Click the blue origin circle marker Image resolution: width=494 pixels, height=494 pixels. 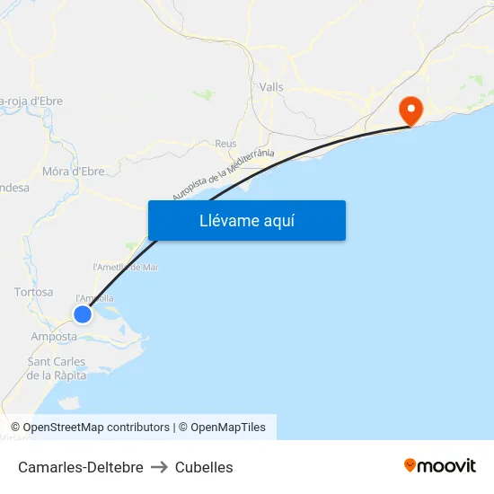coord(83,314)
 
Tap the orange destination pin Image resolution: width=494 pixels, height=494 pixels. coord(411,111)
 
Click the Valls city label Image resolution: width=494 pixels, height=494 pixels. coord(271,87)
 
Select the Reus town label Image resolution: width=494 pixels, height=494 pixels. coord(225,143)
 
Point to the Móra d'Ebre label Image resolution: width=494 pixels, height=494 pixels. coord(74,171)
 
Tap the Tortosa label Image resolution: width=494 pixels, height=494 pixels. coord(34,292)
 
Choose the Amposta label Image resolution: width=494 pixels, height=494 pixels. coord(54,336)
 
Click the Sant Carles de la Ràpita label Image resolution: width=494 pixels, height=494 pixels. coord(57,368)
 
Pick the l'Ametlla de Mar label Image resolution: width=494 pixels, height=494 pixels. coord(126,267)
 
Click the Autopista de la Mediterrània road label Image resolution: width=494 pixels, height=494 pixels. coord(223,174)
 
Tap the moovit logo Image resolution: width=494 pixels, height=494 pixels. coord(439,465)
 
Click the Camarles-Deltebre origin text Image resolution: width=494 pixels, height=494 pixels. coord(80,467)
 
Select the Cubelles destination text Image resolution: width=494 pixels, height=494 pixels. coord(204,467)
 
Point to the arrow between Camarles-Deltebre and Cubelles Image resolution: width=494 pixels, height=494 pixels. coord(159,467)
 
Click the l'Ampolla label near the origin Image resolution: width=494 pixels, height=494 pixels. coord(95,298)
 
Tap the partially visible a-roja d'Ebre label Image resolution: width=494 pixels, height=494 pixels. coord(31,101)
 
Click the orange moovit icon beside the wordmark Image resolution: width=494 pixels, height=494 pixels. coord(410,465)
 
